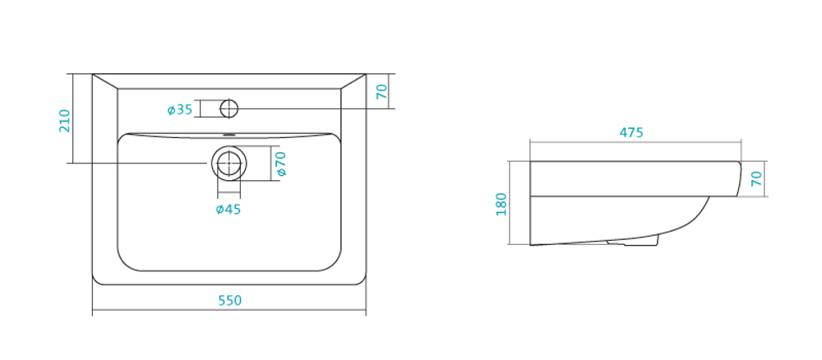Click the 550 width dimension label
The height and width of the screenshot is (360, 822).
pos(229,300)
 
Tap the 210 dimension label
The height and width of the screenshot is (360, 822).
pos(64,121)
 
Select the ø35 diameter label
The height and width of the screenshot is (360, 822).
pos(180,109)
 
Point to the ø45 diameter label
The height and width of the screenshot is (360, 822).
pos(228,209)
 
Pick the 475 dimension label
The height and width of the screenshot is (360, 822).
pos(631,132)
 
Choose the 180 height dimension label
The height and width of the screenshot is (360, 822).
pos(501,204)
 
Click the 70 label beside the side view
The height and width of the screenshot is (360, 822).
pos(756,179)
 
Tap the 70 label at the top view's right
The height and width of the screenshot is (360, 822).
pos(382,92)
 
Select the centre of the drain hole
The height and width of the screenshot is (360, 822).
pos(229,163)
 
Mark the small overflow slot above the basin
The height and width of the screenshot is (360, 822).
pos(229,135)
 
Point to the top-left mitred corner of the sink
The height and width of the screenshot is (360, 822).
pos(93,74)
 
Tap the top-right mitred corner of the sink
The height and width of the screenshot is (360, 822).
pos(366,74)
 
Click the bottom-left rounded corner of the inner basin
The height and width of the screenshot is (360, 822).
pos(125,264)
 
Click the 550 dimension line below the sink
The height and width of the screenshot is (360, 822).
pos(229,310)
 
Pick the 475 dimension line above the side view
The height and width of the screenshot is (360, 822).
pos(635,141)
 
